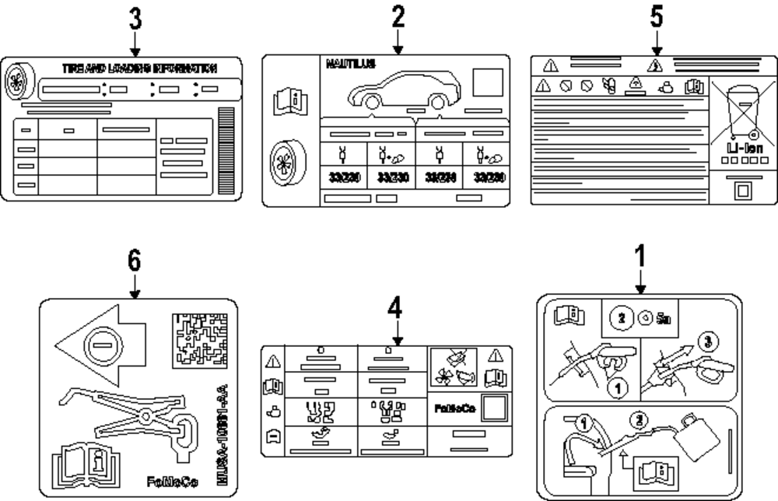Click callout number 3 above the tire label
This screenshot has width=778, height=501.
click(135, 21)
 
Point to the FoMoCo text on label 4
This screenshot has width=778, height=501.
click(453, 406)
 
